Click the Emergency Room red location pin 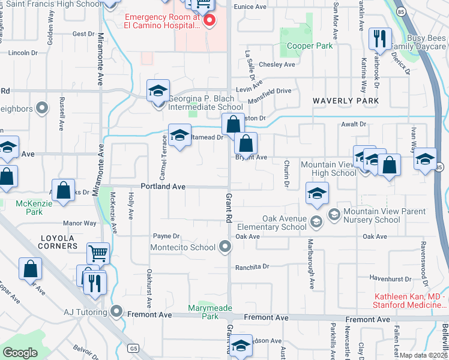pyautogui.click(x=209, y=21)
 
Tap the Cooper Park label pyautogui.click(x=309, y=46)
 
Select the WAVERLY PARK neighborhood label pyautogui.click(x=345, y=101)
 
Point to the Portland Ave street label pyautogui.click(x=163, y=187)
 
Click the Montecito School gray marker pyautogui.click(x=224, y=247)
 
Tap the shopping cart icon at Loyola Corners pyautogui.click(x=98, y=253)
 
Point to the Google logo pyautogui.click(x=20, y=353)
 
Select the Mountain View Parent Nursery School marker pyautogui.click(x=334, y=214)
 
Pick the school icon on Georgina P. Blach pyautogui.click(x=158, y=91)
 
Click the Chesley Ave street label pyautogui.click(x=277, y=64)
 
